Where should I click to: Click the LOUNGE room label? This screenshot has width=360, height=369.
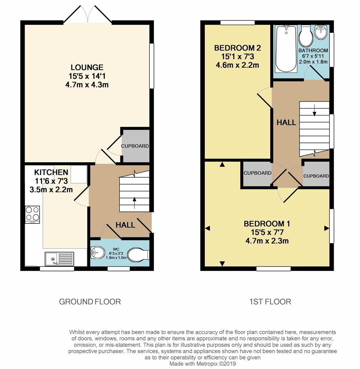[x=87, y=67]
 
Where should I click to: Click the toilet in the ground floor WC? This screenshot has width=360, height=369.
[x=138, y=255]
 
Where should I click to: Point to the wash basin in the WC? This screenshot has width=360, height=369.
[x=97, y=254]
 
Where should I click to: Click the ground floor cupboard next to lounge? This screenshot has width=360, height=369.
[x=135, y=146]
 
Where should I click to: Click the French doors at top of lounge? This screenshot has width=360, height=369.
[x=88, y=15]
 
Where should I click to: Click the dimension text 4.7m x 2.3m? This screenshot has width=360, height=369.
[x=267, y=241]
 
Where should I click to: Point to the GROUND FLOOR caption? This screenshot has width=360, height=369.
[x=90, y=302]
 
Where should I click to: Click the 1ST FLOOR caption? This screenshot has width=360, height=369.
[x=270, y=302]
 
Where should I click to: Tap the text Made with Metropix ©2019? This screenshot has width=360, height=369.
[x=202, y=364]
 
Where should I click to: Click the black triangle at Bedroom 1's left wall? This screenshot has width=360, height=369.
[x=207, y=228]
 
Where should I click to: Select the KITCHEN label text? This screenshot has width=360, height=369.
[x=51, y=173]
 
